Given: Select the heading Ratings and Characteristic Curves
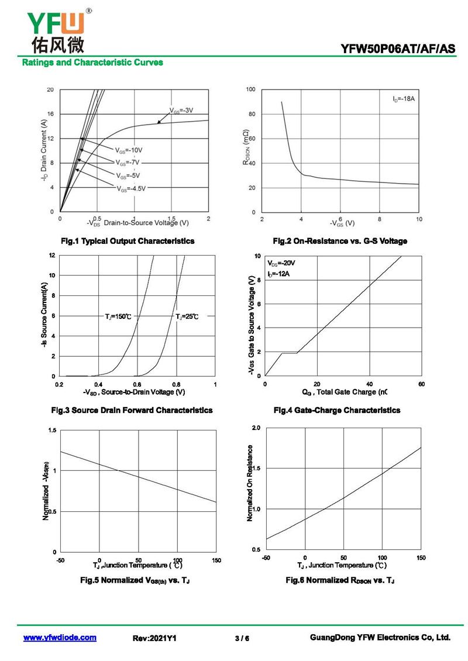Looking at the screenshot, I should [92, 62].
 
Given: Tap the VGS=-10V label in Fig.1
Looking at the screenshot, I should [129, 150].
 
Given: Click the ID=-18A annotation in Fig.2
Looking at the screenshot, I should [404, 99].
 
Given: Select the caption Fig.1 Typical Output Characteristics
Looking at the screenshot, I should [128, 241].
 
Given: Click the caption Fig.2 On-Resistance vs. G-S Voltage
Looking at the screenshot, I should [340, 241].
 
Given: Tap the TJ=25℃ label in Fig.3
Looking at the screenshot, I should [187, 316].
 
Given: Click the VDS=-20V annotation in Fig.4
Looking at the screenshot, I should [281, 263].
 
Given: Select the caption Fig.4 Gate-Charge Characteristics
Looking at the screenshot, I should [337, 410].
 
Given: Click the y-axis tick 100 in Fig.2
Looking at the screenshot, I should [250, 89].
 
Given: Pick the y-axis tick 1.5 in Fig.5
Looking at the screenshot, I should [53, 431].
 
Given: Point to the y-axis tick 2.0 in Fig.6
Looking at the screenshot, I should [256, 428].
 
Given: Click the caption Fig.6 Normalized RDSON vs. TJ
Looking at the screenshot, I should [340, 580].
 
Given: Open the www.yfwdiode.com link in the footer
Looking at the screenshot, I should [60, 638].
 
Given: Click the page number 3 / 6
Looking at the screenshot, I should [242, 638].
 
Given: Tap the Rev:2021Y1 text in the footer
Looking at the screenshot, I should [155, 638].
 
